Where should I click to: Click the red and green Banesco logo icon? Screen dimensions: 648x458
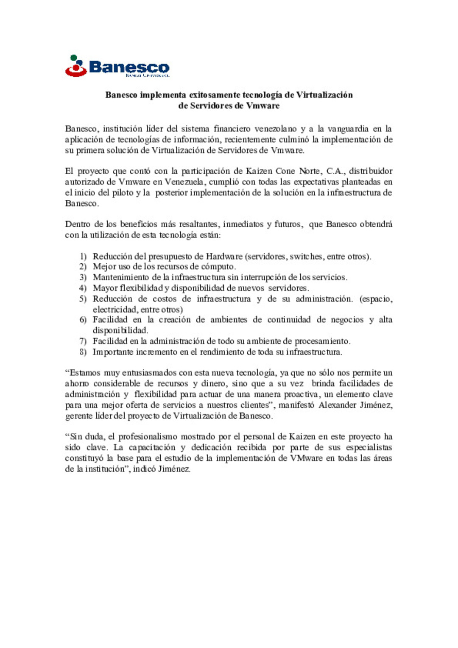coord(76,66)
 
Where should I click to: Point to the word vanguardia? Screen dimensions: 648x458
coord(348,128)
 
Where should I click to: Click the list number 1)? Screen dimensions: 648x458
coord(83,256)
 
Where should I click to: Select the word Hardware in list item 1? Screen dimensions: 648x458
coord(224,256)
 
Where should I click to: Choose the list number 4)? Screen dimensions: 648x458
coord(83,288)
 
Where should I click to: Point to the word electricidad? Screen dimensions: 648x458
coord(113,309)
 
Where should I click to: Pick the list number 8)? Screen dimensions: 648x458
coord(83,352)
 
